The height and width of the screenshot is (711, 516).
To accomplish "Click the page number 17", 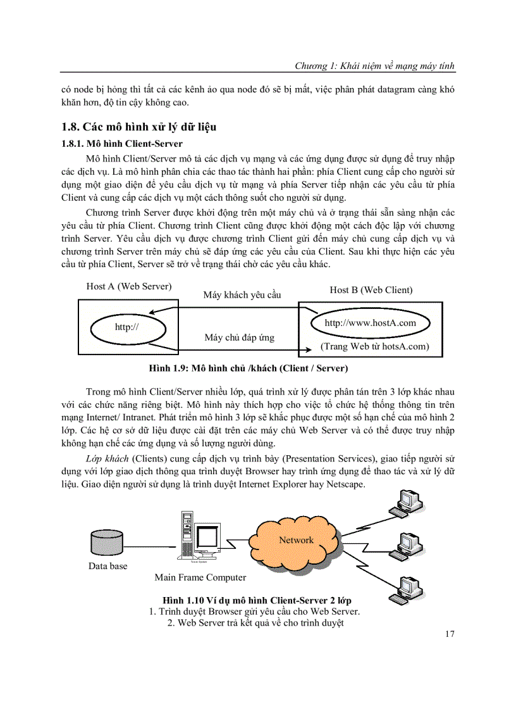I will (x=449, y=634).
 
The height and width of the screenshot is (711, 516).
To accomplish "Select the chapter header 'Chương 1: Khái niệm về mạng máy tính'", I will (x=375, y=66).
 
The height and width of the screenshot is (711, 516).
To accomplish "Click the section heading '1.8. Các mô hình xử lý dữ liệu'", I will (x=144, y=127).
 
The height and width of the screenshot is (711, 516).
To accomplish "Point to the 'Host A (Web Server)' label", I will (x=129, y=286).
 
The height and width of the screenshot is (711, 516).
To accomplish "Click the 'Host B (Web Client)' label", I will (x=371, y=290).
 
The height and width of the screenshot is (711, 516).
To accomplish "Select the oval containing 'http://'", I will (x=126, y=327).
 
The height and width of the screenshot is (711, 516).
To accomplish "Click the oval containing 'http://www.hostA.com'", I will (x=370, y=323).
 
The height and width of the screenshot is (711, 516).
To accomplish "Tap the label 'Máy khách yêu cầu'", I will (x=242, y=295).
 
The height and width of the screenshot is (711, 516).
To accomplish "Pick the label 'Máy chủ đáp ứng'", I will (x=239, y=337).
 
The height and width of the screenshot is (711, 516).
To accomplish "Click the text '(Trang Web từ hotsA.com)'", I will (x=374, y=346).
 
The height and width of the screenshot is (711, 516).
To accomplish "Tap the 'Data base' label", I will (x=107, y=566).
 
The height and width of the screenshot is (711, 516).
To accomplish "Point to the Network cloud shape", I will (x=296, y=540).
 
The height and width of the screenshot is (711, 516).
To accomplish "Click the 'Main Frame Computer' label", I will (x=200, y=577).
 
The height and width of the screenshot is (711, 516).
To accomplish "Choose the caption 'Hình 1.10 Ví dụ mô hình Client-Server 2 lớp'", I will (x=257, y=600).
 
